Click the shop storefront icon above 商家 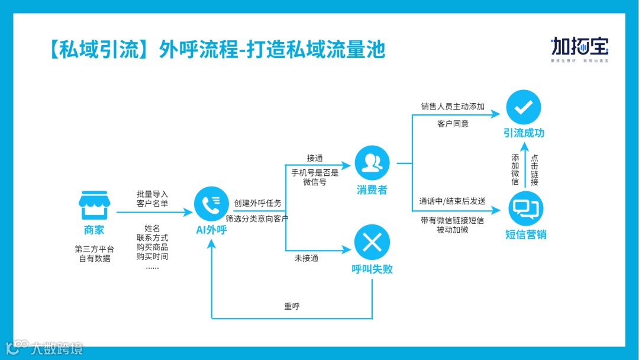tap(93, 205)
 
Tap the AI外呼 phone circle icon tap(211, 204)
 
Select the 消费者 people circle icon tap(372, 163)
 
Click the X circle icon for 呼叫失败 tap(372, 242)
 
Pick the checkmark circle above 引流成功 tap(524, 107)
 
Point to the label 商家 tap(93, 230)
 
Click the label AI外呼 tap(211, 230)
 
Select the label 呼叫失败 tap(372, 269)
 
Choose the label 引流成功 tap(524, 133)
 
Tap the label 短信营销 tap(525, 234)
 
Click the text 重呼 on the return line tap(292, 307)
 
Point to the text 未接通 tap(306, 258)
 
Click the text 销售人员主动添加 tap(453, 107)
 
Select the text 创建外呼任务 tap(258, 203)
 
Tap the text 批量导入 tap(152, 194)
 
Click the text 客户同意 tap(453, 124)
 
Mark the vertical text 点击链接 tap(534, 170)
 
